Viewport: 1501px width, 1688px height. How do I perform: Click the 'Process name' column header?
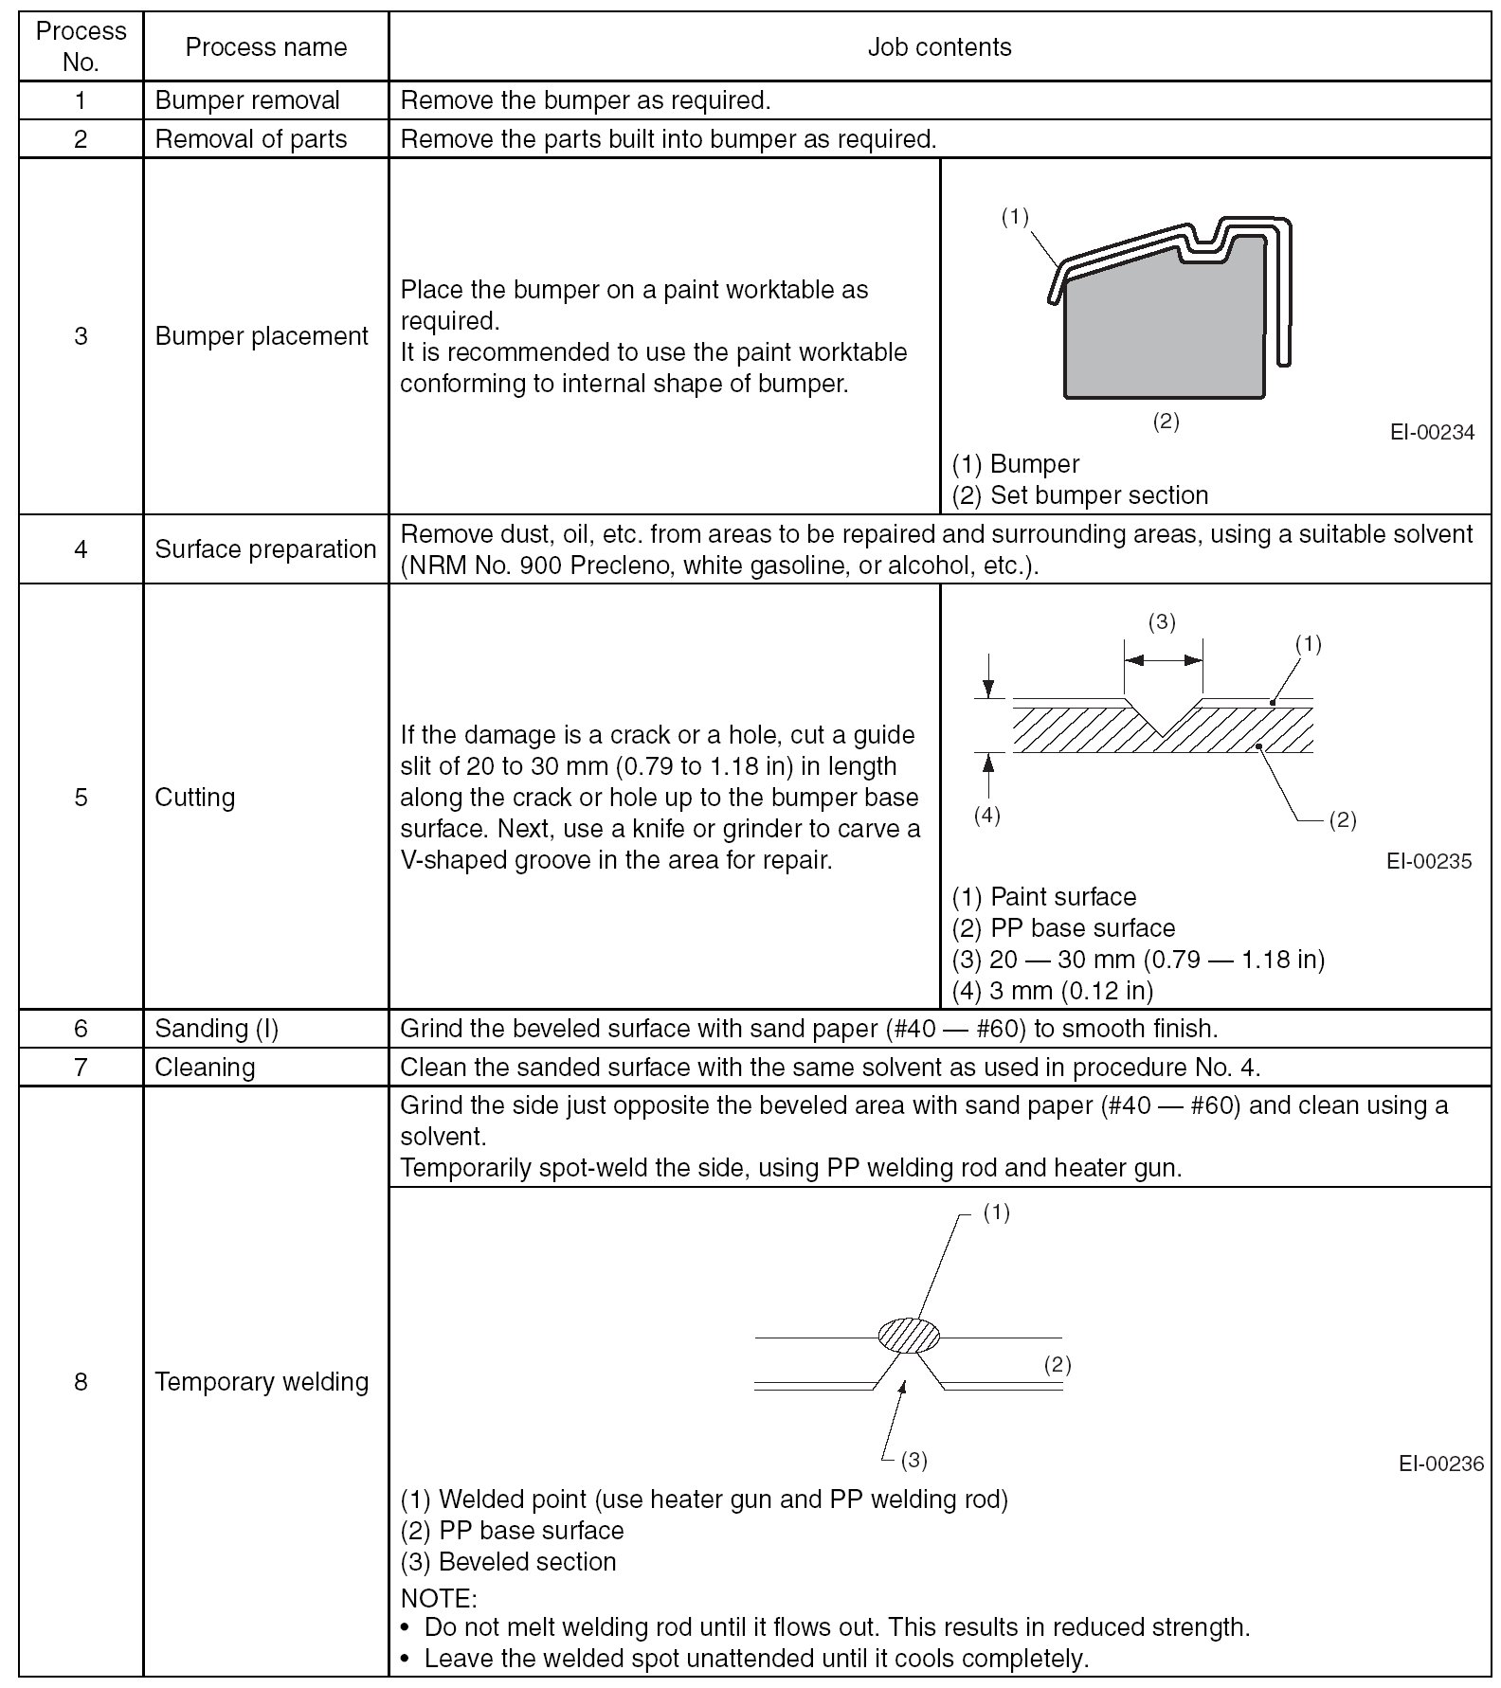tap(265, 47)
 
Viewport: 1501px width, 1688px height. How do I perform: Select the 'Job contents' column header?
tap(939, 47)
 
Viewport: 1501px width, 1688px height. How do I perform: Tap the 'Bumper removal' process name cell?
tap(247, 100)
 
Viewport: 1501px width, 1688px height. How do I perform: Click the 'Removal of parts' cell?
tap(251, 139)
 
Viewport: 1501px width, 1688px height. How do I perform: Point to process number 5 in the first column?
tap(81, 797)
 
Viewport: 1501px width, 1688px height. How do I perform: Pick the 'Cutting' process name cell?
tap(195, 797)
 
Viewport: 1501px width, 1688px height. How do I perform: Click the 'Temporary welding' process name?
tap(262, 1381)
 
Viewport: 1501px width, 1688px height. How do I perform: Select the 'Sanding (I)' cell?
tap(217, 1028)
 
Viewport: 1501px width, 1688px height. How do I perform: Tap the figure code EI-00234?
tap(1432, 432)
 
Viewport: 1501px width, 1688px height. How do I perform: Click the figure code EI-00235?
tap(1429, 861)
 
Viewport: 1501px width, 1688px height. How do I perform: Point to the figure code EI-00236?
tap(1440, 1464)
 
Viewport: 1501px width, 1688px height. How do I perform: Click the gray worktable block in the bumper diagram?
tap(1164, 332)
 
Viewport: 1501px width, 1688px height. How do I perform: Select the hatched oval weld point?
tap(909, 1335)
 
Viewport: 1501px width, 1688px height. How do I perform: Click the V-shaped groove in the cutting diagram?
tap(1164, 716)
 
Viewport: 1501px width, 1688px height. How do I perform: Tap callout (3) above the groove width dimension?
tap(1162, 621)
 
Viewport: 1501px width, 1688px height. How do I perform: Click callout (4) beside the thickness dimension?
tap(987, 816)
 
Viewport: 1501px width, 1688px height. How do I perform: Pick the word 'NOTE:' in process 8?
tap(439, 1599)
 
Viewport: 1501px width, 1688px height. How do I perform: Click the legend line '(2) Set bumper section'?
tap(1080, 495)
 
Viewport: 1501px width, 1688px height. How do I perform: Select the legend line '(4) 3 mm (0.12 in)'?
tap(1052, 991)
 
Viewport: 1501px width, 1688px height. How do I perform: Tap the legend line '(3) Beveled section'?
tap(509, 1562)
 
